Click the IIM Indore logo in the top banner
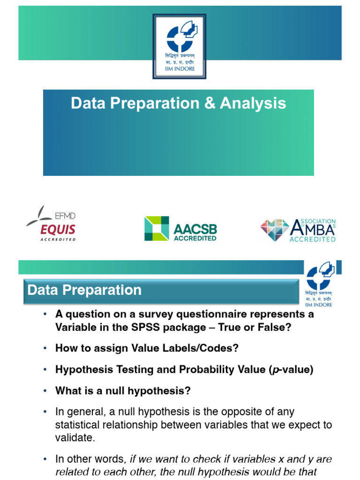pos(180,46)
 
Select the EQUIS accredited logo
pos(51,224)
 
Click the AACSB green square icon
pos(157,228)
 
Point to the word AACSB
pos(195,229)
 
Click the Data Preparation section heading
pos(85,290)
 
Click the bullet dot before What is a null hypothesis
pos(45,390)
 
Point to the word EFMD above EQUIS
pos(66,216)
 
